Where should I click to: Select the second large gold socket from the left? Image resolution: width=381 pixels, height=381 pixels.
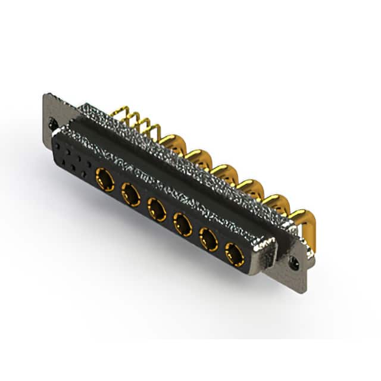pos(130,193)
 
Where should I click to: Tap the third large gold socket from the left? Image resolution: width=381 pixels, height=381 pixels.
pos(157,209)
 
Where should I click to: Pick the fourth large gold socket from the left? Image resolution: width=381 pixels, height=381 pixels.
pos(182,224)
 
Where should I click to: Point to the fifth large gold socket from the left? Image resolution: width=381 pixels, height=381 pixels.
pos(208,240)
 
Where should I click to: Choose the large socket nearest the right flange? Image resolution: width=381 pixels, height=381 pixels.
pos(234,255)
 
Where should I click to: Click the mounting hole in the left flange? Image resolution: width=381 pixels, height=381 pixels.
pos(54,124)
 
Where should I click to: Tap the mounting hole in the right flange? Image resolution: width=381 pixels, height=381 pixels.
pos(293,261)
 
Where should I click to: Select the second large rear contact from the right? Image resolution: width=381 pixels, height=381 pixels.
pos(276,204)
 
